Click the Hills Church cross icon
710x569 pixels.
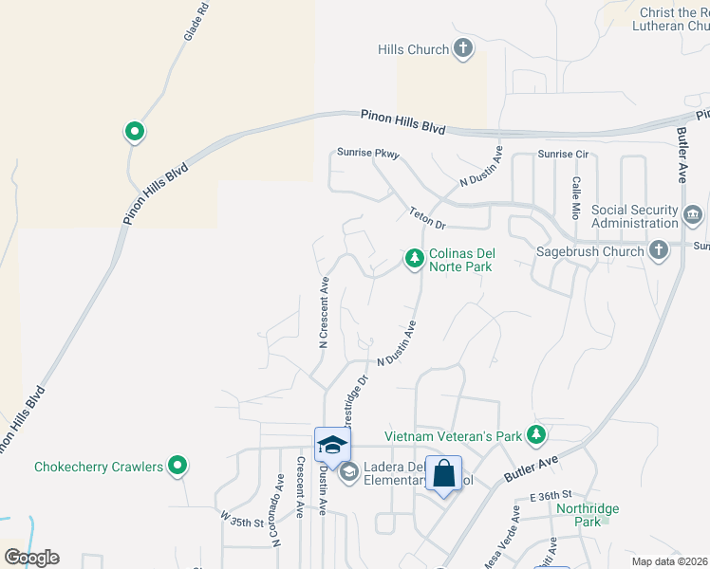tap(463, 49)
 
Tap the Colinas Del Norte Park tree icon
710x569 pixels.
tap(414, 258)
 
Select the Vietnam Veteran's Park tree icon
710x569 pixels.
tap(536, 435)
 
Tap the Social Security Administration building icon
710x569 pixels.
tap(693, 216)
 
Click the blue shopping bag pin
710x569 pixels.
tap(444, 473)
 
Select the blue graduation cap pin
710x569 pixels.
tap(332, 444)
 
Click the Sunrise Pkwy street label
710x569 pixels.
tap(368, 153)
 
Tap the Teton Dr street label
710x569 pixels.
tap(427, 218)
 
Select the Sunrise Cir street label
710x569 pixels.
tap(564, 154)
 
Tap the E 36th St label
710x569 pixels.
tap(552, 496)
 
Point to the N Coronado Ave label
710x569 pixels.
tap(278, 523)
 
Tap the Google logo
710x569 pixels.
tap(31, 558)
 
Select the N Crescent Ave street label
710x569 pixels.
tap(324, 313)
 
